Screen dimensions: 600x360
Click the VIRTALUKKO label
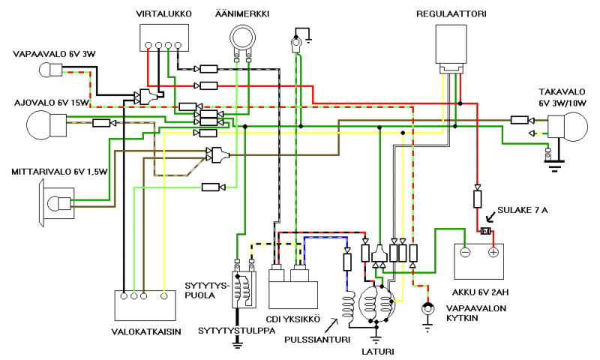tap(163, 13)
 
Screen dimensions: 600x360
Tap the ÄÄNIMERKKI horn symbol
tap(242, 38)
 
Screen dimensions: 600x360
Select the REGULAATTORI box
tap(451, 44)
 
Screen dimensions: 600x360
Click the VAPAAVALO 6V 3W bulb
tap(50, 70)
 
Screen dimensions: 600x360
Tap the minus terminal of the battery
tap(465, 253)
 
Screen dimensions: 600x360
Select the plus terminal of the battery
tap(493, 253)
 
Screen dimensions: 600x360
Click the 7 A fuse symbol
tap(486, 231)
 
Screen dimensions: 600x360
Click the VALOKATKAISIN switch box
tap(145, 305)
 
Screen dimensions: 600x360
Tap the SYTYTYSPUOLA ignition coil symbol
tap(244, 289)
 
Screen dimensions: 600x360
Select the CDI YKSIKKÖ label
tap(293, 319)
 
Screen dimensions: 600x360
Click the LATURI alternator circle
tap(376, 305)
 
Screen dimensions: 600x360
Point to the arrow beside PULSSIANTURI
tap(331, 325)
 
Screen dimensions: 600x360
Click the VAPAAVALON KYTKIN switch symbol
tap(427, 308)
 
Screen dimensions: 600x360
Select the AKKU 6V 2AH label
tap(481, 292)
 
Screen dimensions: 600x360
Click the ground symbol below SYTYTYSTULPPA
tap(237, 345)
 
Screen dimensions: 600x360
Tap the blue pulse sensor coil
tap(349, 308)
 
